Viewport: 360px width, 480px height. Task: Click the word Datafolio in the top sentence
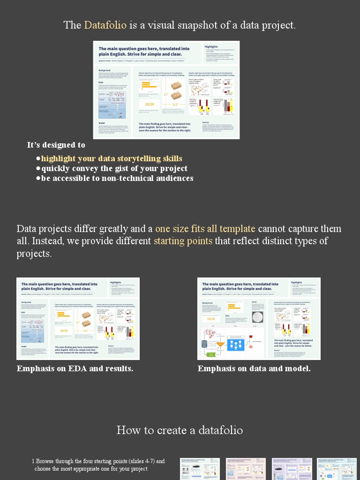105,25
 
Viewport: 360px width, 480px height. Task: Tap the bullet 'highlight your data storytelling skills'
112,158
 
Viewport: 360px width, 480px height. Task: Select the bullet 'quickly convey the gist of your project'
114,168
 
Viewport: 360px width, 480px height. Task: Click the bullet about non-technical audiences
117,178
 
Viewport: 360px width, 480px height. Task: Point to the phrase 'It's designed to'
56,145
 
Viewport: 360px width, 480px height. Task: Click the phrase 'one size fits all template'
205,229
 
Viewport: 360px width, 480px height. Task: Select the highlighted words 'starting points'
183,241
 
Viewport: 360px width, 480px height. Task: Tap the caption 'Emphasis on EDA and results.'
75,368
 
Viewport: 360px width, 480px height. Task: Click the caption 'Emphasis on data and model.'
254,368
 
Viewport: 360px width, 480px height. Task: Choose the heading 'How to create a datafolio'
180,430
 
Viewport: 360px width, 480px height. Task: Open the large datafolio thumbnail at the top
166,90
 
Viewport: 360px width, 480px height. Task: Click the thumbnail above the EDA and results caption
78,318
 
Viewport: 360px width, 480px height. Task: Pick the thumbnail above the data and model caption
259,318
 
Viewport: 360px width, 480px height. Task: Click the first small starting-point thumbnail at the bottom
200,469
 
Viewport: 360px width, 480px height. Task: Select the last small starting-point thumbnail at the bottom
337,469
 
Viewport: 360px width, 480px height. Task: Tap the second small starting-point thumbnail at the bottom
246,469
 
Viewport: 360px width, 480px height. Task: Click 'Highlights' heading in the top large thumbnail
211,46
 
